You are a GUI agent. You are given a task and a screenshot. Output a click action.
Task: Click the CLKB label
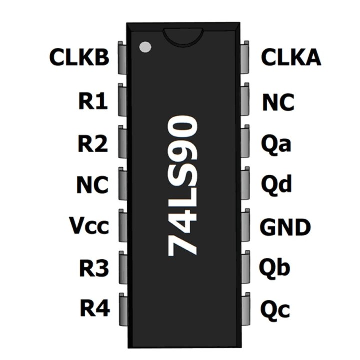(x=79, y=58)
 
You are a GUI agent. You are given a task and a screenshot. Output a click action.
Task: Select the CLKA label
(x=291, y=58)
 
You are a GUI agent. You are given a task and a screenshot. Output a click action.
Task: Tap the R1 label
(x=93, y=102)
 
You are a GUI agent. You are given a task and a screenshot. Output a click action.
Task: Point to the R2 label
(x=93, y=144)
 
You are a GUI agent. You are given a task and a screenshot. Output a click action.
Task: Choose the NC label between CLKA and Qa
(x=278, y=102)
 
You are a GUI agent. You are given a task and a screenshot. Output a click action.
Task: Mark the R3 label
(x=94, y=268)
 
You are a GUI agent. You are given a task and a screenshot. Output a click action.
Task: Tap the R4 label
(x=95, y=308)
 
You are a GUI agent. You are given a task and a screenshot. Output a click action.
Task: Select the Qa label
(x=276, y=144)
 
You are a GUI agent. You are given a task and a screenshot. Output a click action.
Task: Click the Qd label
(x=276, y=185)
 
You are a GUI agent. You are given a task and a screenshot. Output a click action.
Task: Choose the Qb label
(x=275, y=268)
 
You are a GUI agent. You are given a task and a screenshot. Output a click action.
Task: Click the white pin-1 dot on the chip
(x=145, y=47)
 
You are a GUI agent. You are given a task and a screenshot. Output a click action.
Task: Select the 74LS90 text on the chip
(x=183, y=186)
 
